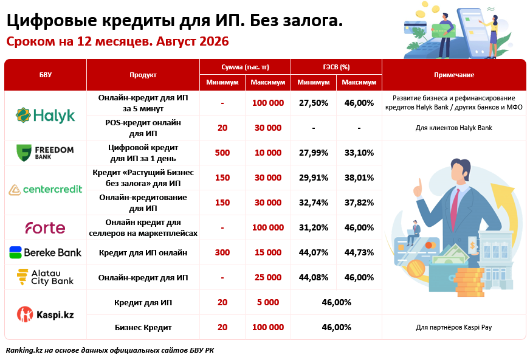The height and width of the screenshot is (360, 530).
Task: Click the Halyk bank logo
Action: pos(46,116)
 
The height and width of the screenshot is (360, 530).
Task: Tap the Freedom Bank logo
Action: pos(46,153)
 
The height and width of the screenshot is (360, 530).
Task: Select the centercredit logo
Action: pos(46,190)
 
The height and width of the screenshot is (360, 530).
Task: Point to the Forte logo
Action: pos(46,228)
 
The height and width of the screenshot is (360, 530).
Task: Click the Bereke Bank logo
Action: pos(46,252)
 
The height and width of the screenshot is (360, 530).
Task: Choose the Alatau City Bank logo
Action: pos(46,277)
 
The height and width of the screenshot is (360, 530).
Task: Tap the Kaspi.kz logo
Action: pos(46,315)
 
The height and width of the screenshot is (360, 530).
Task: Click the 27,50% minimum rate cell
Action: pos(314,103)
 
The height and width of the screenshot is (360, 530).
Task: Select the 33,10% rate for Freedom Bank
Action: pos(359,153)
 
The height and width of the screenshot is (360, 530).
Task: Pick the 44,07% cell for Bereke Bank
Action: pos(314,252)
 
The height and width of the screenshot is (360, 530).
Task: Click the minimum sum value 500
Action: pos(222,153)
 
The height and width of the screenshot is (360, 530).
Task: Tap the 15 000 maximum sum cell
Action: pos(268,252)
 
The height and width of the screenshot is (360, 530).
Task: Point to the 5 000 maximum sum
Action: pos(268,302)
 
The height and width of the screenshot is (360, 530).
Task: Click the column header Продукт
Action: pos(143,75)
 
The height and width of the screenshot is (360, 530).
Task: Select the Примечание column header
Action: pos(454,75)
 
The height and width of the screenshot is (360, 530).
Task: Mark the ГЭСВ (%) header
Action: pos(336,67)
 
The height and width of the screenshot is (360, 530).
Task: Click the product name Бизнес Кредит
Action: pos(143,327)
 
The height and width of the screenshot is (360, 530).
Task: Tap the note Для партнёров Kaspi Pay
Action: pos(454,327)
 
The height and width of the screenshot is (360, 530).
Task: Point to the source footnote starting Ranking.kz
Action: pos(110,350)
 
